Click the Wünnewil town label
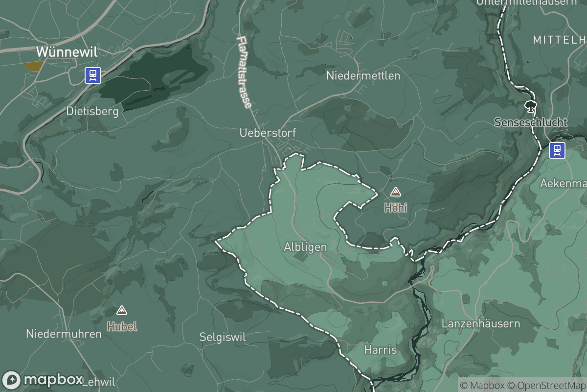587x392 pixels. click(x=67, y=52)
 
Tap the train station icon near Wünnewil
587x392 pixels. click(x=92, y=75)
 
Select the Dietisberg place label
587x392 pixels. click(x=92, y=112)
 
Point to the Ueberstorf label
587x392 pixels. click(x=268, y=133)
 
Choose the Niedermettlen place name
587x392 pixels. click(x=363, y=75)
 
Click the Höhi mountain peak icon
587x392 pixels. click(x=395, y=192)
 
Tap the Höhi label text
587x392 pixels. click(x=395, y=208)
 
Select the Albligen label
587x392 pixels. click(x=305, y=247)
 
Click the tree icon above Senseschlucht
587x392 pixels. click(x=529, y=106)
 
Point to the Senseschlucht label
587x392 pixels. click(x=530, y=122)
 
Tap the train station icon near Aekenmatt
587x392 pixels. click(x=557, y=150)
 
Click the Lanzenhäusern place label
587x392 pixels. click(x=480, y=324)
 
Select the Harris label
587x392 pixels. click(x=380, y=350)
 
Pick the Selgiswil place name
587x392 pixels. click(x=223, y=337)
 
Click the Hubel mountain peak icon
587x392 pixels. click(x=122, y=310)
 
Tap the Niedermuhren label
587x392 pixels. click(x=64, y=334)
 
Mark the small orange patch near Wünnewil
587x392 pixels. click(x=33, y=66)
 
